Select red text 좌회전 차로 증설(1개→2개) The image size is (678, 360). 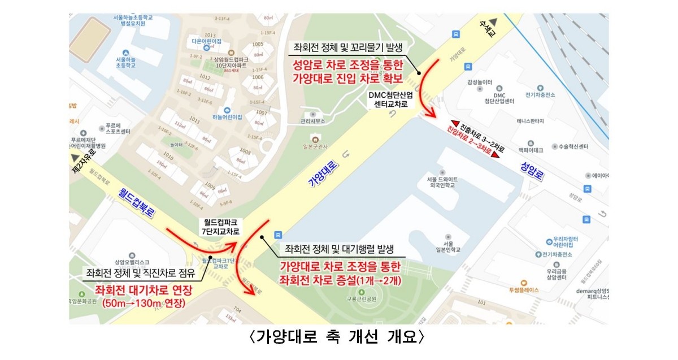(340, 280)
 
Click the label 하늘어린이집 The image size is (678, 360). (226, 117)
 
